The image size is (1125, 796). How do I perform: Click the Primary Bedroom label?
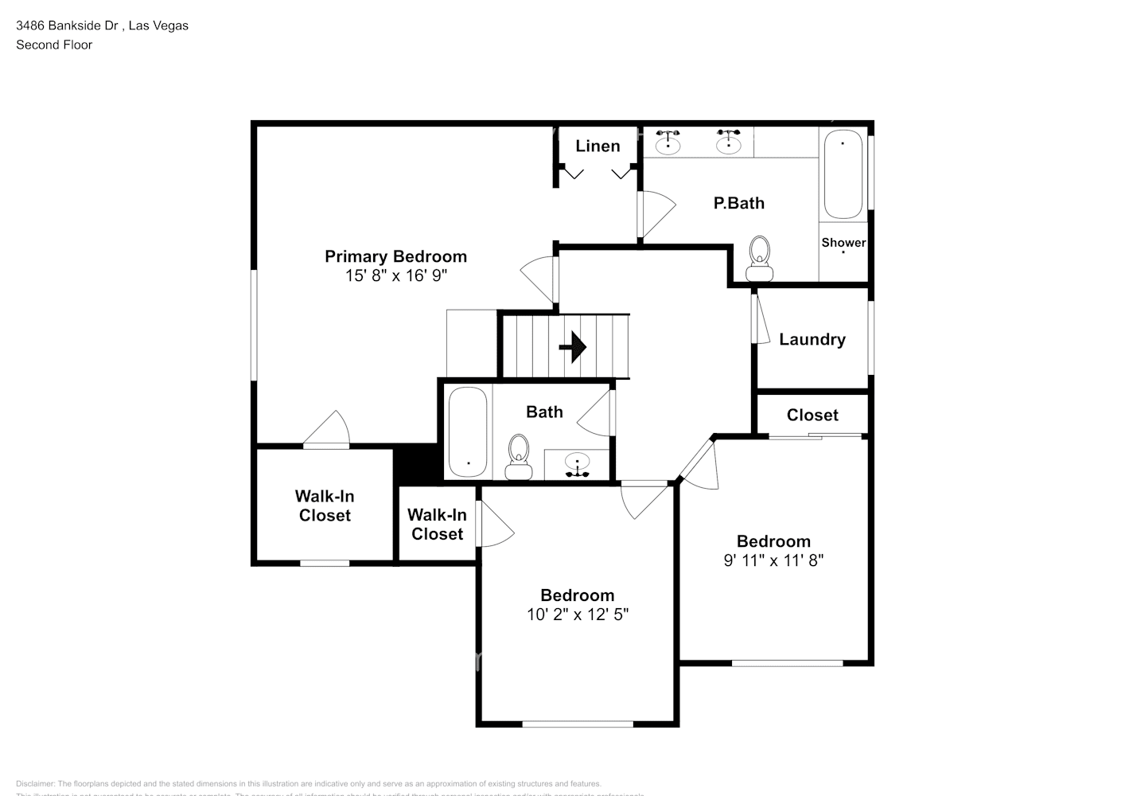(x=395, y=256)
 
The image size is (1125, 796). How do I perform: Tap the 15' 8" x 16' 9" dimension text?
(x=395, y=276)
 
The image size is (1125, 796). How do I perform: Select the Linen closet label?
(x=598, y=146)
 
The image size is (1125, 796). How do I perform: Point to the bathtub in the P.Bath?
(x=843, y=175)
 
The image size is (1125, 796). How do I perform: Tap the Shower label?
(x=843, y=243)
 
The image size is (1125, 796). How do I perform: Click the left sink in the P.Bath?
(x=668, y=142)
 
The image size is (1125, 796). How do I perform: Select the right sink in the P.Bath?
(x=728, y=142)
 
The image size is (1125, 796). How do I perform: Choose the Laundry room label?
(x=812, y=340)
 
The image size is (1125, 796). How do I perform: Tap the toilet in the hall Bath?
(x=519, y=458)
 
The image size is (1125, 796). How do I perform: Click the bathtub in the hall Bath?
(x=467, y=431)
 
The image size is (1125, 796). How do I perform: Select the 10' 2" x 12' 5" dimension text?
(x=578, y=615)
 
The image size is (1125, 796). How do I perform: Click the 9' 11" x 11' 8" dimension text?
(x=773, y=560)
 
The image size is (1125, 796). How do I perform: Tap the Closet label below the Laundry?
(x=812, y=415)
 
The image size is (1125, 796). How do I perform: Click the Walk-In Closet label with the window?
(x=325, y=505)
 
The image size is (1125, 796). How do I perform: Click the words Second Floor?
(x=54, y=45)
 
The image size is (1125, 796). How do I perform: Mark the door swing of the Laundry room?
(x=762, y=319)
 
